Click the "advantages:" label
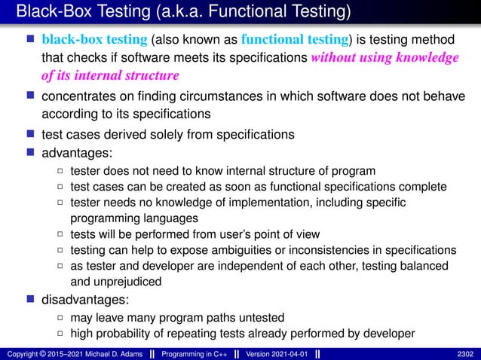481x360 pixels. (x=74, y=153)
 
